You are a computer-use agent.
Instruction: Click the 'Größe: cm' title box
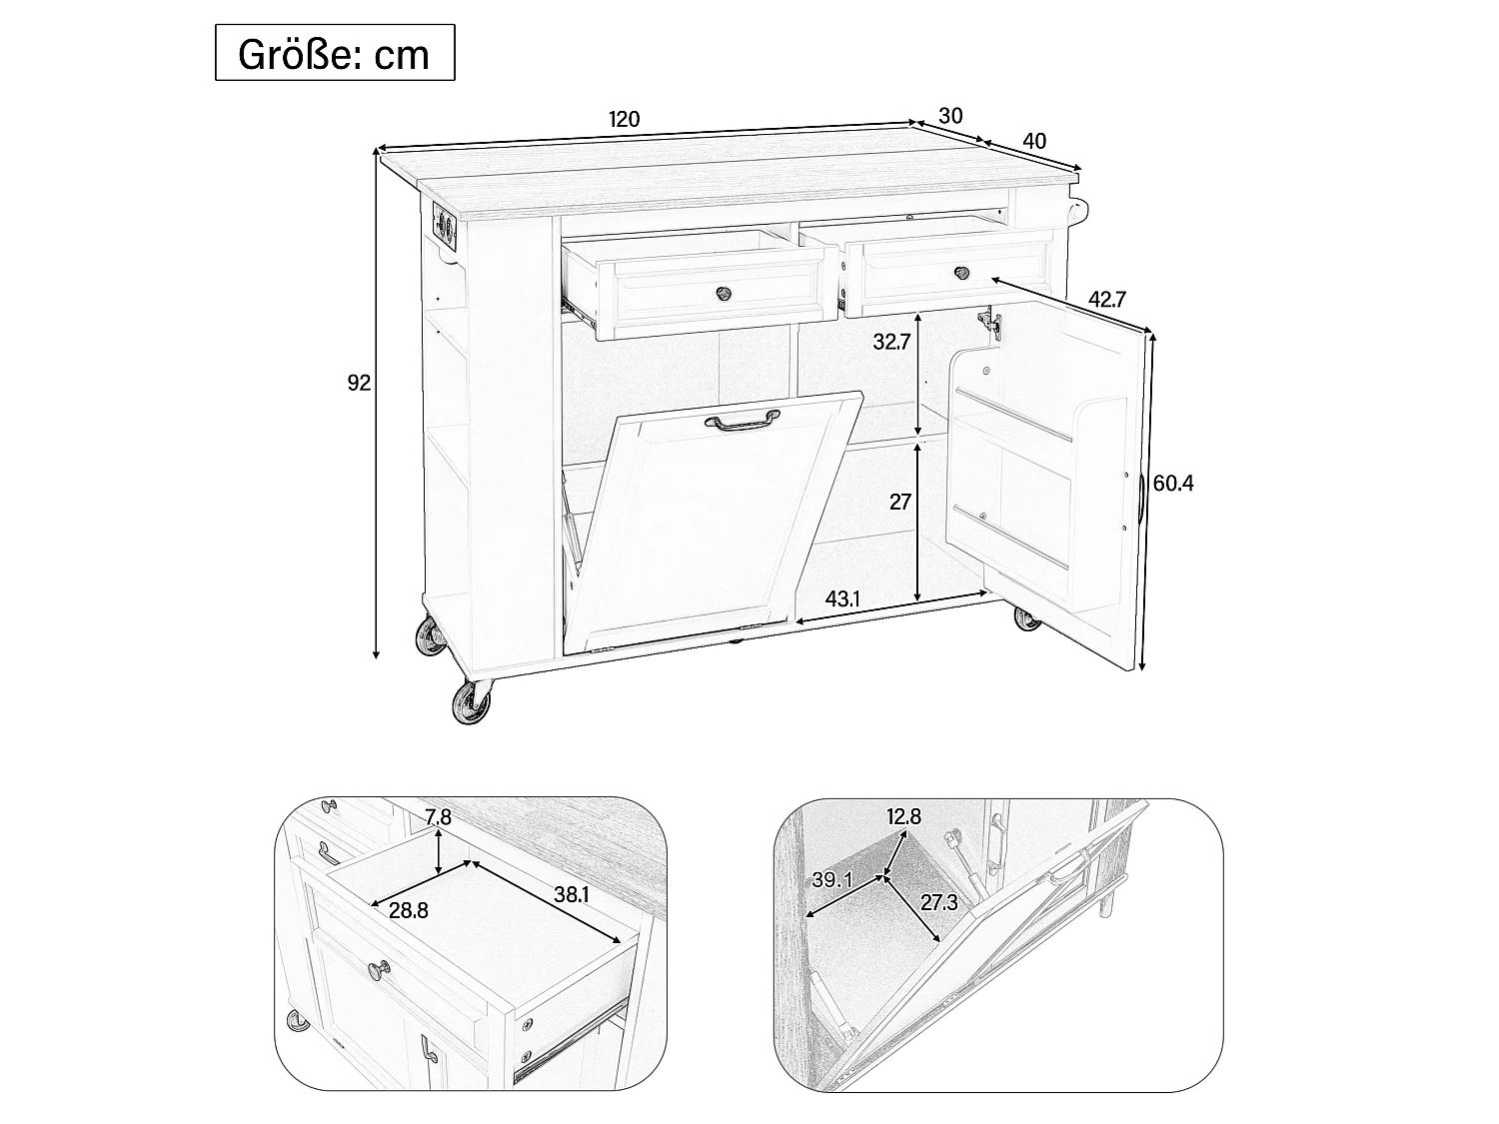coord(335,53)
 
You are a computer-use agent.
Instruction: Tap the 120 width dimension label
coord(625,120)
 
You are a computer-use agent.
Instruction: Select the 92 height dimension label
coord(359,383)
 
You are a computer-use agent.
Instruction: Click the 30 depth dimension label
coord(950,116)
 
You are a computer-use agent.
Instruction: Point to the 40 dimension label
coord(1034,141)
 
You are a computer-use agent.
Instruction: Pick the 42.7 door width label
coord(1107,299)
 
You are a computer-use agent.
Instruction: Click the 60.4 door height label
coord(1173,484)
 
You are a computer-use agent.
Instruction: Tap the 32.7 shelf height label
coord(891,342)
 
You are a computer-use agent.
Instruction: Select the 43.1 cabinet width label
coord(842,599)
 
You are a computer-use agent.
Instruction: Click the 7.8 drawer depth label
coord(438,817)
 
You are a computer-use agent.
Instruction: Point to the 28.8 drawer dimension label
coord(409,910)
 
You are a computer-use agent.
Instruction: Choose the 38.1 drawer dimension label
coord(571,894)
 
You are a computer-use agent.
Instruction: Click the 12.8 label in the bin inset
coord(904,816)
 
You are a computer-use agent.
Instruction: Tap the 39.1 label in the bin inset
coord(832,880)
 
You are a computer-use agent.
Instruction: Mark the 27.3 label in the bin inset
coord(939,903)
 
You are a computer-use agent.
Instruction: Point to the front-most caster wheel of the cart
coord(472,702)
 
